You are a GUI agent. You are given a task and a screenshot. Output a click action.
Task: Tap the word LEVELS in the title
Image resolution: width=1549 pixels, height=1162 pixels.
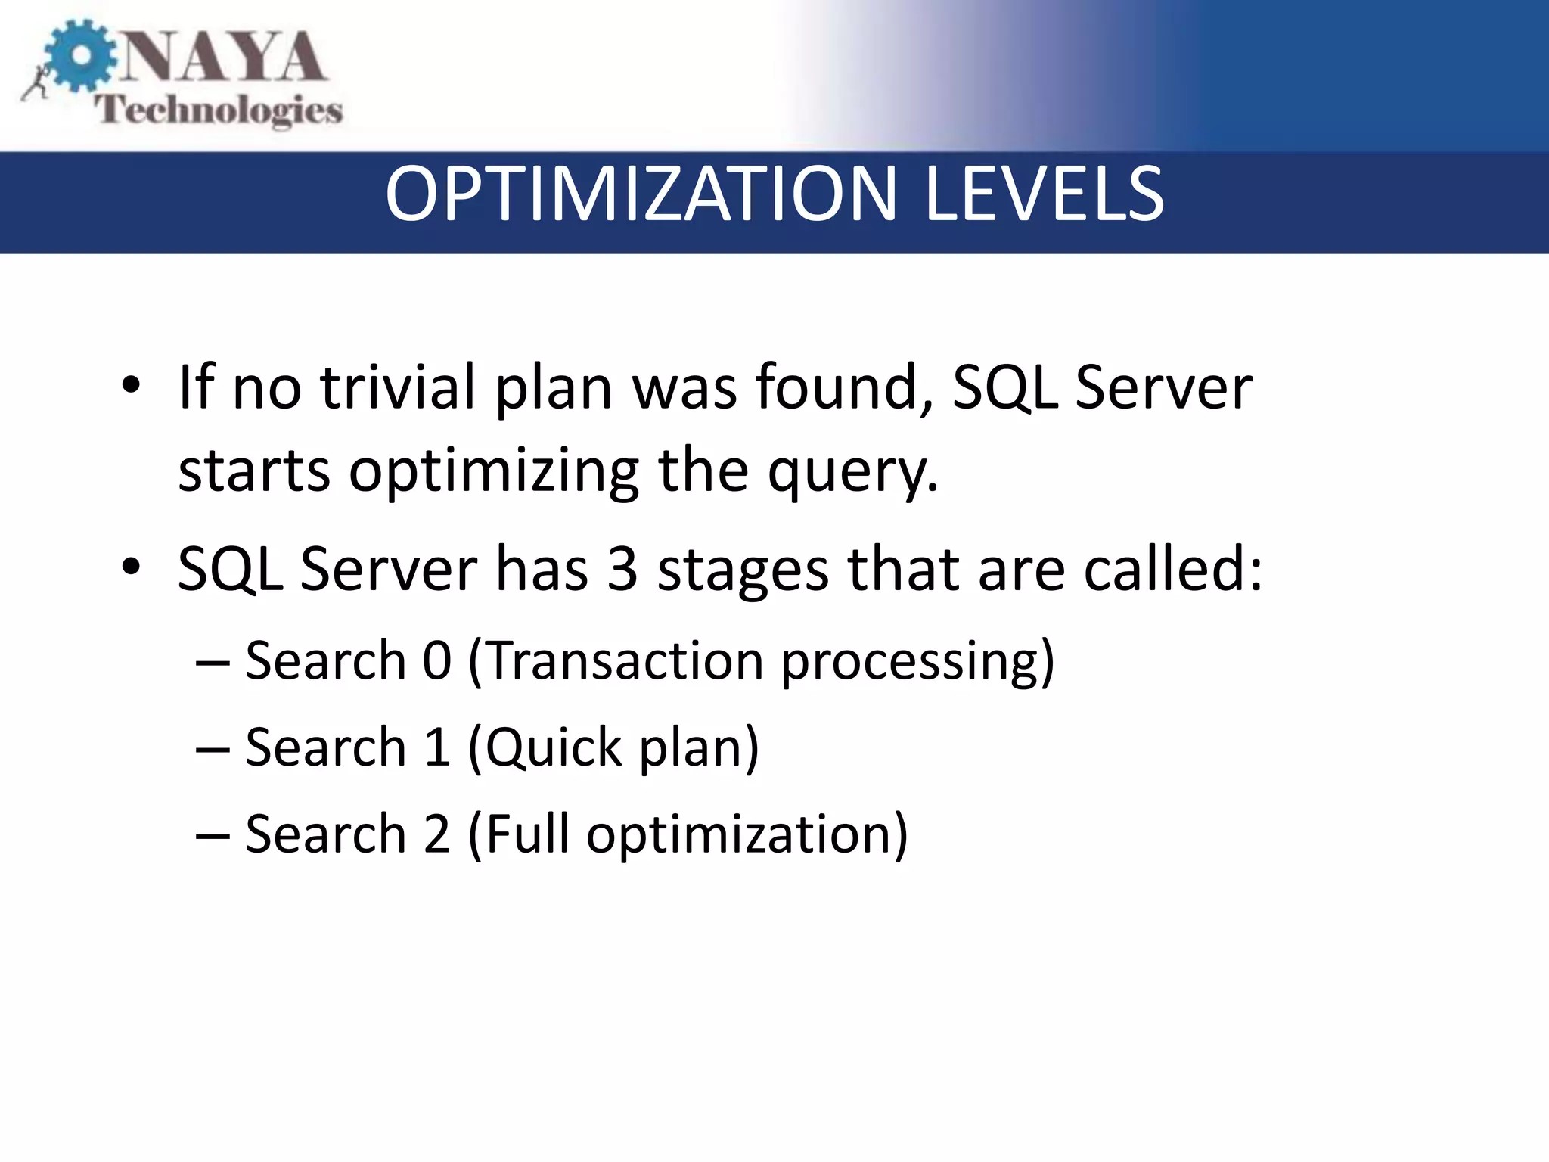point(1044,195)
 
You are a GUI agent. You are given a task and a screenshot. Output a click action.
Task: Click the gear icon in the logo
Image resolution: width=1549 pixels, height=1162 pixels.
point(80,56)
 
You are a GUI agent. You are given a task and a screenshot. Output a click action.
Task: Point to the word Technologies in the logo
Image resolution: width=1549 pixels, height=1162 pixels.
point(219,110)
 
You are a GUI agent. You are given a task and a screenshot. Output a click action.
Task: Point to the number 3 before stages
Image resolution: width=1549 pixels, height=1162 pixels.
point(622,569)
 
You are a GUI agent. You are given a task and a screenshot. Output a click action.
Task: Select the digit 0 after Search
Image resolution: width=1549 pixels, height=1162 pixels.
point(437,660)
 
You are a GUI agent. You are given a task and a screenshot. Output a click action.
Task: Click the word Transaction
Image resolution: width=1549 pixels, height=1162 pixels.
point(623,660)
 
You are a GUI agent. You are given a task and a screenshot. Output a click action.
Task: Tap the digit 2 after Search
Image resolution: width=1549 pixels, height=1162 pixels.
point(437,834)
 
